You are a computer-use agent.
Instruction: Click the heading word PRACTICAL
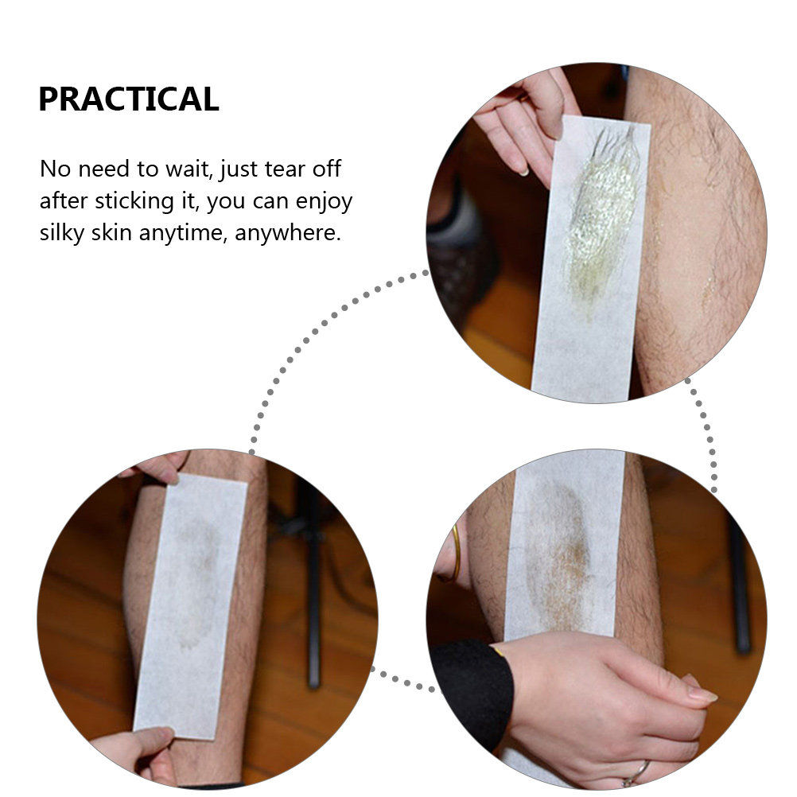[x=129, y=99]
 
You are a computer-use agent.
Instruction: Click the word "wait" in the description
[x=189, y=169]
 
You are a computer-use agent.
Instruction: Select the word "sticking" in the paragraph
[x=134, y=201]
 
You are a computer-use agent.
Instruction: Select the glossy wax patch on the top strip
[x=602, y=213]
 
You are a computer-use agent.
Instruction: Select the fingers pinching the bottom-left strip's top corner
[x=157, y=467]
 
